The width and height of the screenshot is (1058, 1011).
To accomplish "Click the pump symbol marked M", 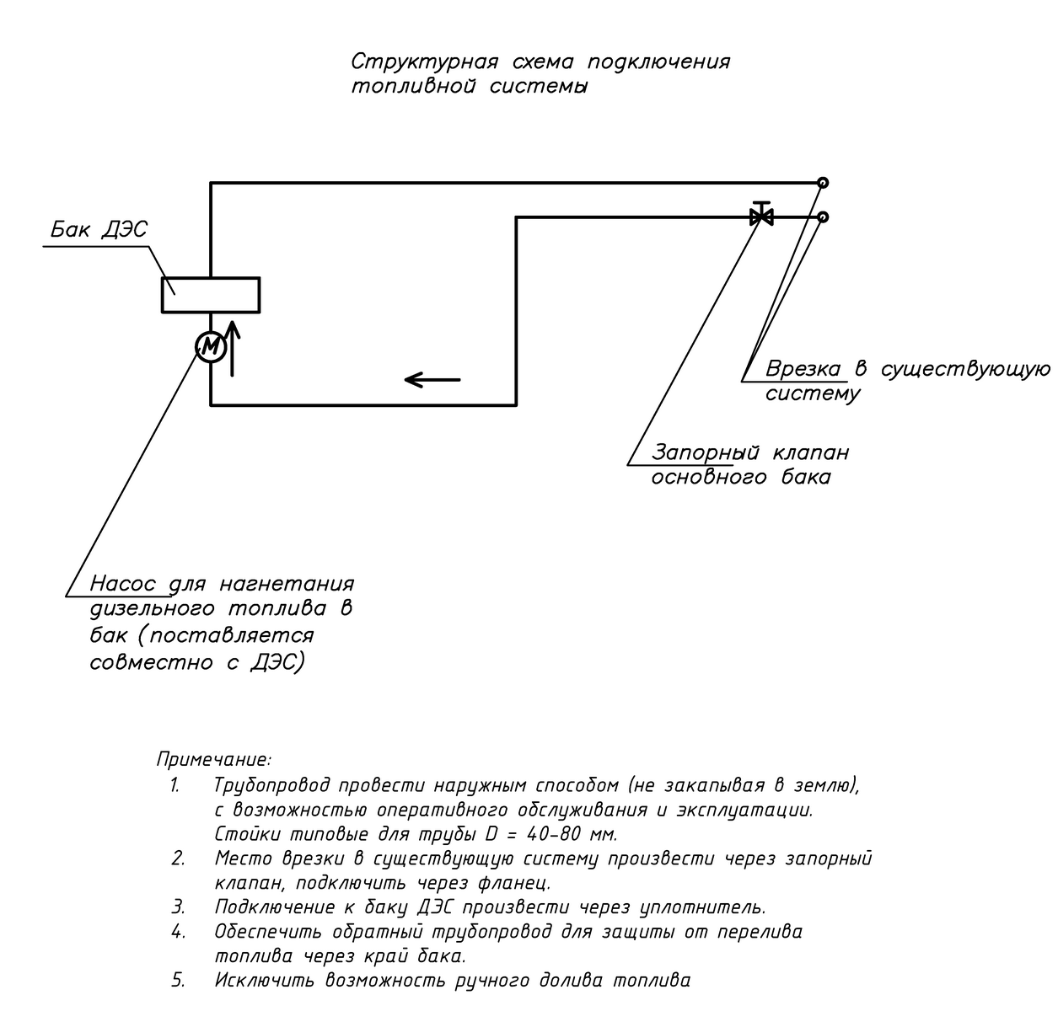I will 211,346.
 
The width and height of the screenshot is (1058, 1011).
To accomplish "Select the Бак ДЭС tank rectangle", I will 211,295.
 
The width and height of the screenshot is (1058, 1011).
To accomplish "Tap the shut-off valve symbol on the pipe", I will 762,216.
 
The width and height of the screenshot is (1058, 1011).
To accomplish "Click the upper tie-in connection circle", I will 823,183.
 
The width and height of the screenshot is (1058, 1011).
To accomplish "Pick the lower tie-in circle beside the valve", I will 823,217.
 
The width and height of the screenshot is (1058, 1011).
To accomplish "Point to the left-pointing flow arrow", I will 432,380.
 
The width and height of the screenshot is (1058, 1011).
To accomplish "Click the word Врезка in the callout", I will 803,369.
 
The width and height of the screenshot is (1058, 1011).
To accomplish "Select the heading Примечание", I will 214,759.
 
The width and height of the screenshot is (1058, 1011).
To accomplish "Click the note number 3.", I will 177,907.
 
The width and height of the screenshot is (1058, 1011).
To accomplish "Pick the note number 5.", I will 177,981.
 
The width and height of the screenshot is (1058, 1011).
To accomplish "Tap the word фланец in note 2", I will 518,884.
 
